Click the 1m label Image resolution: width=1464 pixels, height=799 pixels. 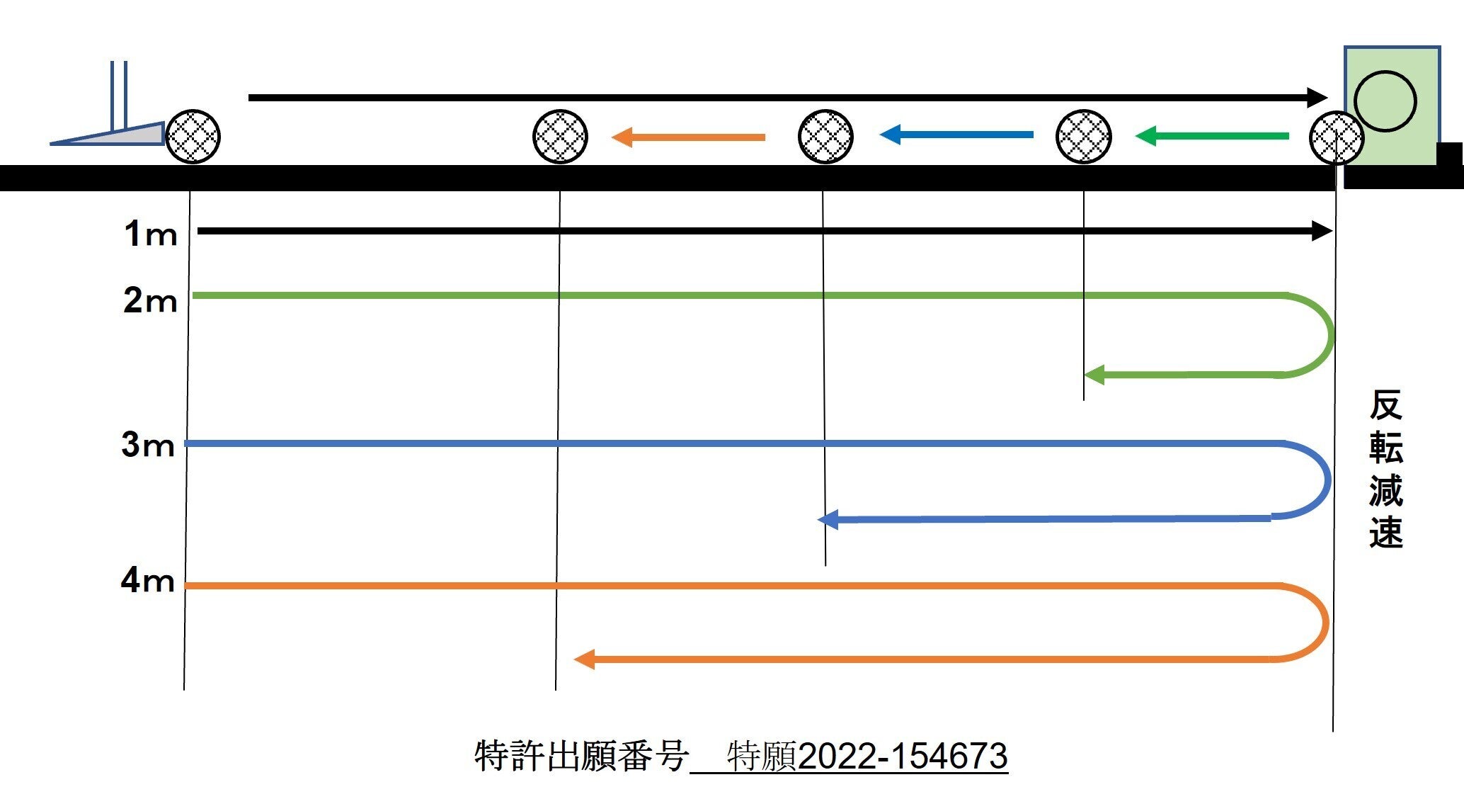[x=150, y=234]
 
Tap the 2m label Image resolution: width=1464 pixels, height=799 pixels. [x=150, y=300]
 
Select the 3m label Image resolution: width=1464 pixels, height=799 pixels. [x=148, y=445]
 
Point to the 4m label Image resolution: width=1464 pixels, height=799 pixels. [x=148, y=580]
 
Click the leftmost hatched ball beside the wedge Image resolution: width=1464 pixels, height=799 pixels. [x=193, y=137]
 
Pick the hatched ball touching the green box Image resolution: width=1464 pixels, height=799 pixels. [x=1337, y=137]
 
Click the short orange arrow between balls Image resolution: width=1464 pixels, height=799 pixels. [x=688, y=137]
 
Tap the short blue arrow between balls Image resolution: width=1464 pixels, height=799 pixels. [x=956, y=134]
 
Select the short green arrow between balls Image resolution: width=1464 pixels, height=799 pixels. [x=1212, y=135]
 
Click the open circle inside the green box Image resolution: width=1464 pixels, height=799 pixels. [x=1385, y=101]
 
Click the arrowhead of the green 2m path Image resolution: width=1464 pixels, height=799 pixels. [x=1094, y=375]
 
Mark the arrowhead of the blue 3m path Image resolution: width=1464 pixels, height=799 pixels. [x=828, y=520]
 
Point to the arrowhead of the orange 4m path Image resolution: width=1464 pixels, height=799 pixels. [x=584, y=659]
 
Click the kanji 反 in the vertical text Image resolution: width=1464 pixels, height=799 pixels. [x=1385, y=405]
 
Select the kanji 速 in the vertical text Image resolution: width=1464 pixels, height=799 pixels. [x=1385, y=533]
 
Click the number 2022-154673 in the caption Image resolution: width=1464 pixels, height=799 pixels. [x=903, y=756]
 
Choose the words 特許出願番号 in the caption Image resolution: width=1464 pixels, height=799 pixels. [x=581, y=756]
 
